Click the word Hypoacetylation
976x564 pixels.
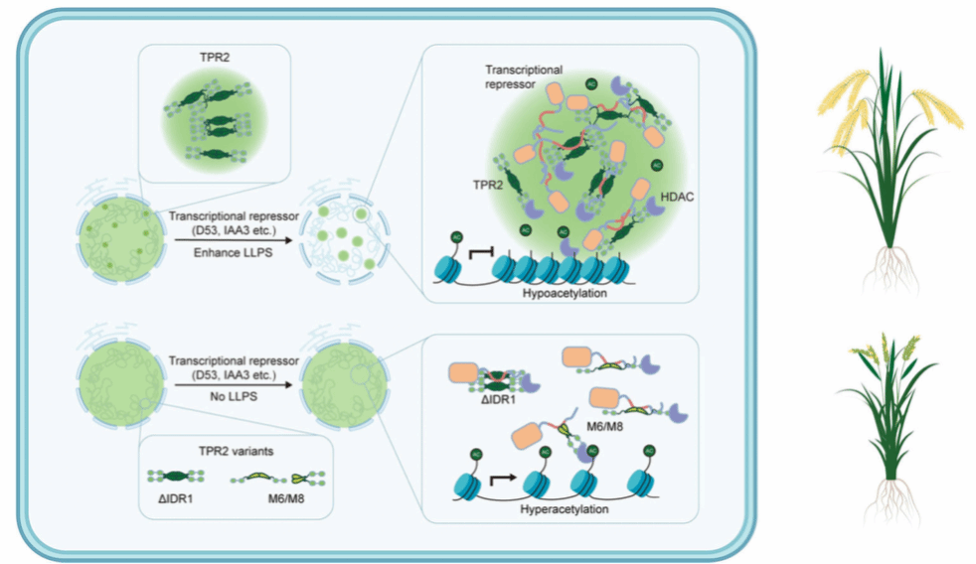tap(565, 293)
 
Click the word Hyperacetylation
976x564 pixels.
tap(564, 509)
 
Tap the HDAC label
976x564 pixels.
tap(677, 198)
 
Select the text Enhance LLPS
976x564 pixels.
tap(233, 252)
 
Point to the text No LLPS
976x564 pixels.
tap(234, 396)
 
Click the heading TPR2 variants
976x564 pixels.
tap(236, 451)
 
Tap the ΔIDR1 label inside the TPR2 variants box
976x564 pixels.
tap(176, 498)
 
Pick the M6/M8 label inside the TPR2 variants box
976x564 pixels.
tap(286, 498)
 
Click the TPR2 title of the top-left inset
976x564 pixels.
tap(214, 58)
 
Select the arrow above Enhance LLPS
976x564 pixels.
tap(234, 240)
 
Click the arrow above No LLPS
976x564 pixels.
tap(234, 385)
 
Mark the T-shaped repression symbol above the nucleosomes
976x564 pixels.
tap(480, 252)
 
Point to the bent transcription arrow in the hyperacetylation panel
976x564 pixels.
tap(504, 479)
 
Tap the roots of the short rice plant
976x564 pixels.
tap(892, 501)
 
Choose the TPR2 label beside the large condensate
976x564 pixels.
tap(488, 185)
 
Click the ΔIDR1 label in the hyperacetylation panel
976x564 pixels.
tap(498, 400)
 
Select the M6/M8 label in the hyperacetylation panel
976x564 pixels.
tap(604, 427)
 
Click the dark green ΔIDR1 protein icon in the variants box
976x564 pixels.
tap(176, 477)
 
